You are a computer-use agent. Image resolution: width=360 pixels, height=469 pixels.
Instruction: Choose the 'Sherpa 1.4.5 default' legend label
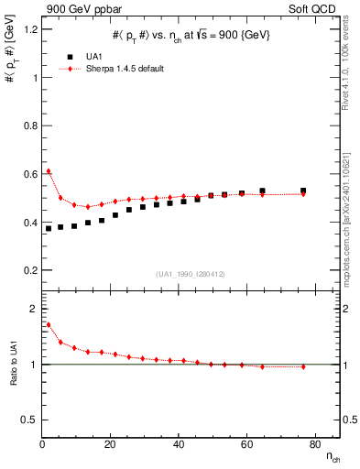(x=126, y=68)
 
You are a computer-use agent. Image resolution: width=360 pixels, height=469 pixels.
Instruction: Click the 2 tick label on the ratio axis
(x=29, y=308)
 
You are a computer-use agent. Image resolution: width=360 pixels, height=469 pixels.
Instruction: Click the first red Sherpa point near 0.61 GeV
(x=49, y=171)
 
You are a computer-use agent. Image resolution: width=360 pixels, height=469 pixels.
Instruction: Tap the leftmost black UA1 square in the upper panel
(x=49, y=228)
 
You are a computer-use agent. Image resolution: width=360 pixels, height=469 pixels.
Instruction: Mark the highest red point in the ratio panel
(x=49, y=324)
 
